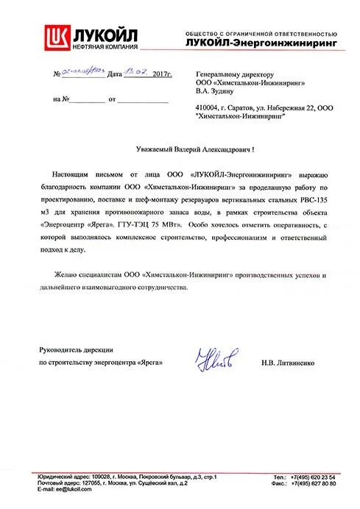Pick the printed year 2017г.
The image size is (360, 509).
[159, 75]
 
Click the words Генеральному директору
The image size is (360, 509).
[233, 75]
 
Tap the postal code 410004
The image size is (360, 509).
[205, 108]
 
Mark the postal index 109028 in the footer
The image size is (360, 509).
[95, 477]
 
